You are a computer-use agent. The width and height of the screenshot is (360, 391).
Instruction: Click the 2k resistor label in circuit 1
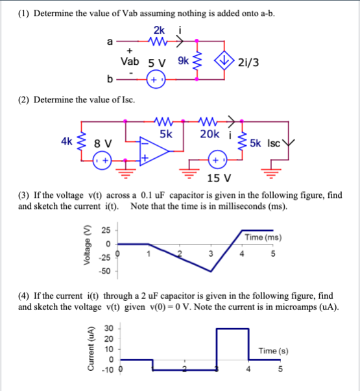point(159,30)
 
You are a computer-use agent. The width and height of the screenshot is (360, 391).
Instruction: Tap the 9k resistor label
point(183,63)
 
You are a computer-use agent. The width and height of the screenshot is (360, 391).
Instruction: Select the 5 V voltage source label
point(158,64)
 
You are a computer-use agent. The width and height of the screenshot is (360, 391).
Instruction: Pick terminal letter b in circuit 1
point(110,80)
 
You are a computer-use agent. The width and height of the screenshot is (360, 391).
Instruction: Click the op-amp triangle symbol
point(154,152)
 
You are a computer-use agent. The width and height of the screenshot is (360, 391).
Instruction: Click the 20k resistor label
point(210,134)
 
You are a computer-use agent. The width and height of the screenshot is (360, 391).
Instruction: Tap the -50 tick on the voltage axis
point(104,271)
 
